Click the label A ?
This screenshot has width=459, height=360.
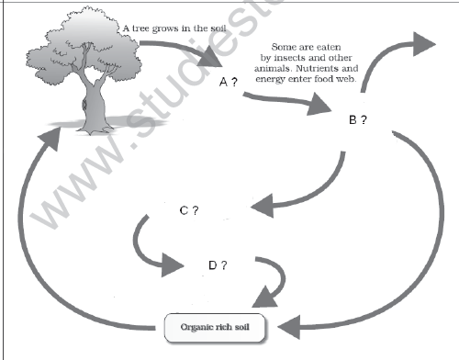(x=229, y=83)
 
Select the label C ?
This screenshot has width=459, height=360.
(x=190, y=210)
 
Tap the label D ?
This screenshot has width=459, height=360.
(x=218, y=265)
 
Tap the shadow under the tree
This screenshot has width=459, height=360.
(x=83, y=124)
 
